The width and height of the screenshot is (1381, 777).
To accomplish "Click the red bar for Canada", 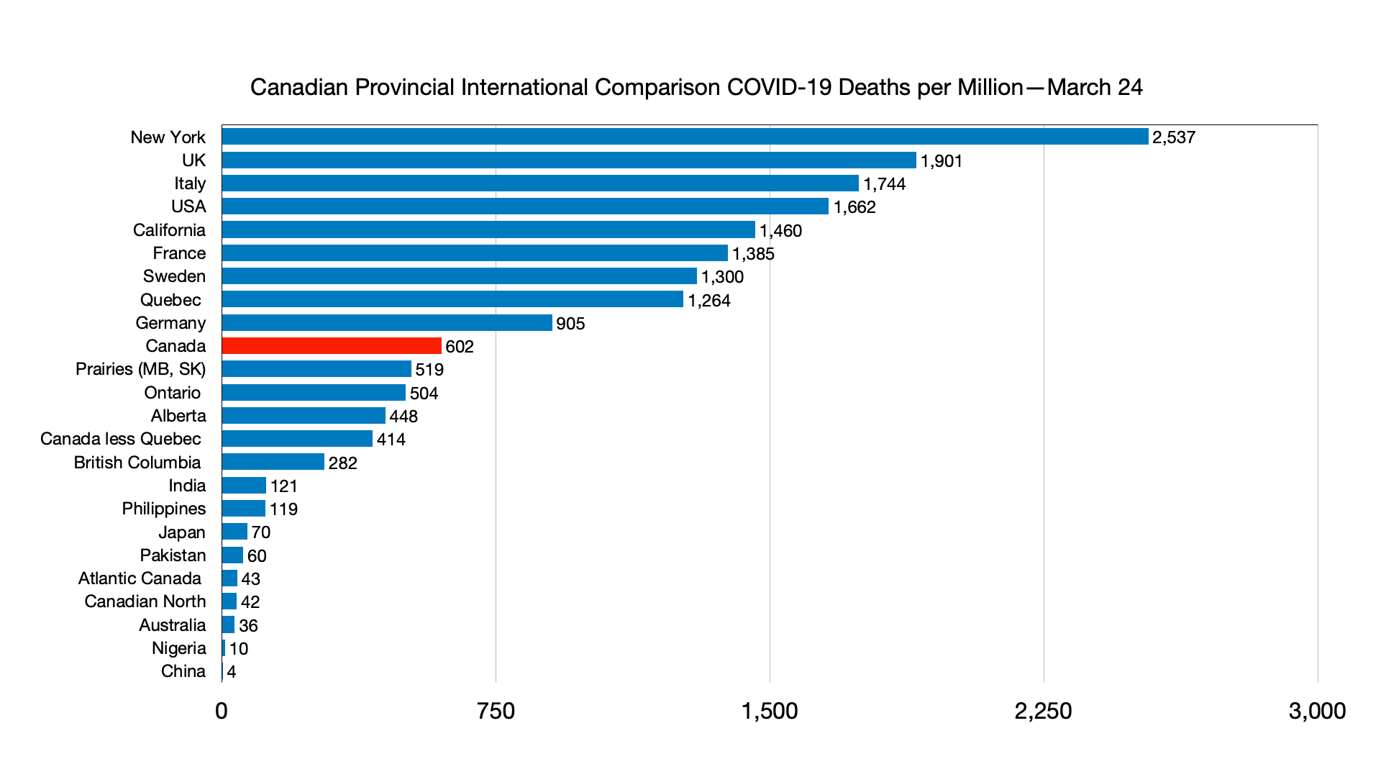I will point(332,346).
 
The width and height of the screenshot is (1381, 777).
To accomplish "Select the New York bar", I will point(685,137).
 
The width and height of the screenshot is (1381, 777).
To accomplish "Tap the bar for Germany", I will point(387,323).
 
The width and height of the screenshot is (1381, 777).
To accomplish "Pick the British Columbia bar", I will point(273,462).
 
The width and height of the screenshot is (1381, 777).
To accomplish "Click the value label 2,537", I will point(1174,137).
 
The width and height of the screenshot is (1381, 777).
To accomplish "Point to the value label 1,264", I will point(709,301).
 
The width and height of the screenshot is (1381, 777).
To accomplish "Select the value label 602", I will point(460,347).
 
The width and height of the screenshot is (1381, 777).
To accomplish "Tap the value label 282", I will point(343,463).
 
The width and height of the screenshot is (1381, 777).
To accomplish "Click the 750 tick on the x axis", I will point(496,711).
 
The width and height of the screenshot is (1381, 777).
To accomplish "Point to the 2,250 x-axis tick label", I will point(1043,711).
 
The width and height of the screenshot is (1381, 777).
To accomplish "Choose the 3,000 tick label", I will point(1317,711).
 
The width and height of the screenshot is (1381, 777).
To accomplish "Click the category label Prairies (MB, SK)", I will point(140,369).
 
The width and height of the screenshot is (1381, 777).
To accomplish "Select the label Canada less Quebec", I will point(121,439).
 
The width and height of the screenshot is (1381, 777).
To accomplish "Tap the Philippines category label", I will point(164,509).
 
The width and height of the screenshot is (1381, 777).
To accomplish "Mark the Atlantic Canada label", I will point(140,578).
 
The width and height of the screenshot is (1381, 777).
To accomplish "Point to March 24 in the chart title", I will point(1095,87).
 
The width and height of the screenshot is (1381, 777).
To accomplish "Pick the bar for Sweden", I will point(459,276).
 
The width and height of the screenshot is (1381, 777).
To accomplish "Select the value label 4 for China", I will point(232,672).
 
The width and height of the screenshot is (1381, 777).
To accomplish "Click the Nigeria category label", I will point(179,648).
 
